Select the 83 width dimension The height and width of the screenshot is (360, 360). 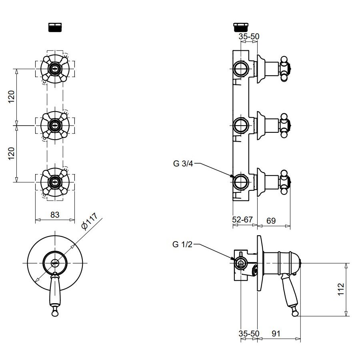(x=55, y=215)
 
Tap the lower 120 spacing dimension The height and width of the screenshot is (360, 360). (x=12, y=153)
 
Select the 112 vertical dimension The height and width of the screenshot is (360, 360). (x=341, y=289)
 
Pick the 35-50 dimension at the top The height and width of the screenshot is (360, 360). (x=248, y=37)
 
